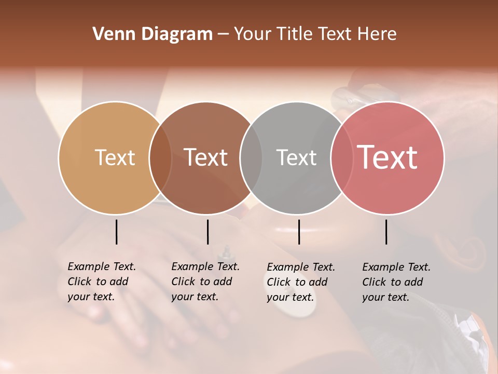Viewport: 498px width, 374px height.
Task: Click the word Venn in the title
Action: tap(111, 34)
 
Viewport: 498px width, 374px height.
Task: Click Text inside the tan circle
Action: tap(115, 157)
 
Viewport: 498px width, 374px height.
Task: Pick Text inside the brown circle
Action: tap(206, 157)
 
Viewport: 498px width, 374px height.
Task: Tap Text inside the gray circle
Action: tap(296, 157)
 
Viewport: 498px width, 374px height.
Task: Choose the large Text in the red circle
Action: tap(388, 157)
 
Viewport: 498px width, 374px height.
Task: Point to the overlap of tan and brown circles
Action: tap(160, 157)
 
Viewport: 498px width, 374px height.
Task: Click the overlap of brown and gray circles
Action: tap(251, 157)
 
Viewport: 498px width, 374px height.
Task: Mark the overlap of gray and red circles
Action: tap(342, 157)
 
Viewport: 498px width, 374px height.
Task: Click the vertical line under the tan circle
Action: tap(116, 232)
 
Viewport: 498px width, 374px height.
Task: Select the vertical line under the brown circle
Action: tap(208, 232)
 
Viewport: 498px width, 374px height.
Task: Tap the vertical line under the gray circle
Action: tap(299, 232)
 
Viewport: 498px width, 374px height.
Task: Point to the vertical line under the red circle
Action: tap(386, 232)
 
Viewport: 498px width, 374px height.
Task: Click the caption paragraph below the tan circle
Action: tap(102, 282)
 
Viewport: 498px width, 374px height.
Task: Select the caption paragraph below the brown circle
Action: tap(205, 282)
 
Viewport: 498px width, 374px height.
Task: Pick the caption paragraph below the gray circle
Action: tap(301, 282)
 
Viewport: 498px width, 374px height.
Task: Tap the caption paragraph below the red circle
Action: tap(396, 282)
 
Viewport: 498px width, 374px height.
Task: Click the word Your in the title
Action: tap(252, 34)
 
